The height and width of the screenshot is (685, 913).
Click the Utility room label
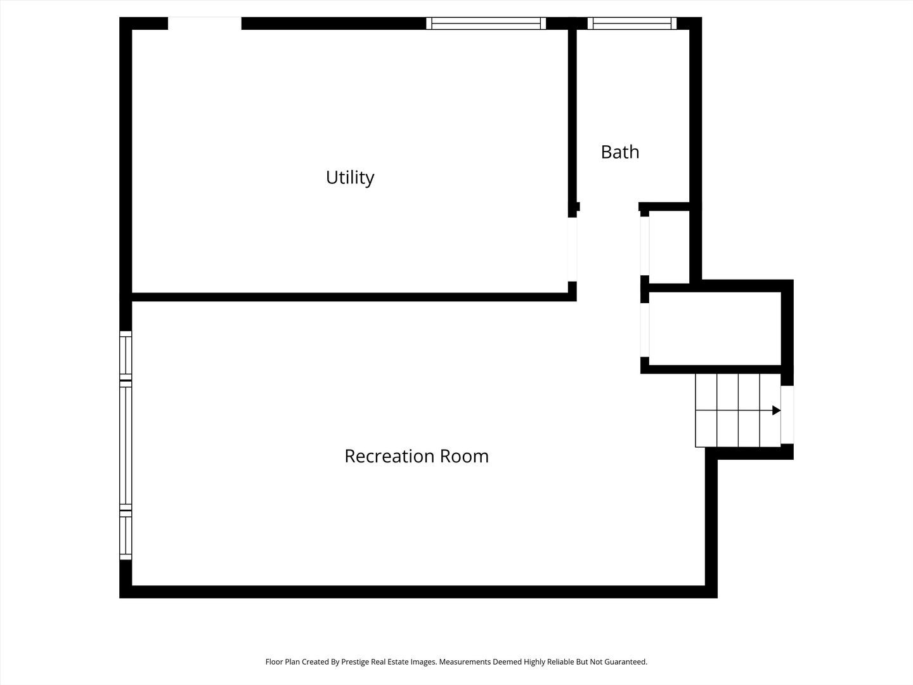click(349, 178)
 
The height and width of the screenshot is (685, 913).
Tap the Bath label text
click(619, 152)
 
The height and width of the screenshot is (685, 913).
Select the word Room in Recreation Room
click(464, 456)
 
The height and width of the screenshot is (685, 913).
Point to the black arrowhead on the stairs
click(776, 410)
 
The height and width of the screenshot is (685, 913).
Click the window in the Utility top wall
click(486, 23)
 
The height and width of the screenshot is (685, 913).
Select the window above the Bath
click(632, 23)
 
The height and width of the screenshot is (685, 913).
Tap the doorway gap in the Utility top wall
click(204, 23)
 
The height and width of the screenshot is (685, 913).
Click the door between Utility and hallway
click(572, 249)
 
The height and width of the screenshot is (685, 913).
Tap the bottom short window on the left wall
click(126, 537)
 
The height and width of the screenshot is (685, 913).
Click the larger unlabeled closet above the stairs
click(715, 329)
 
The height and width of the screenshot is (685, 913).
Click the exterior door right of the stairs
click(787, 414)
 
